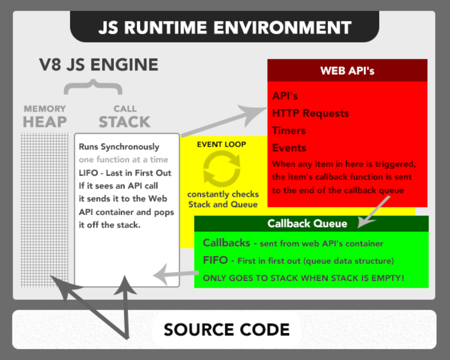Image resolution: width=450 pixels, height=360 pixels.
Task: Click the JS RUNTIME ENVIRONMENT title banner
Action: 225,27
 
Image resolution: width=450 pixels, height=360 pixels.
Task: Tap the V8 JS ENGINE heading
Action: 99,65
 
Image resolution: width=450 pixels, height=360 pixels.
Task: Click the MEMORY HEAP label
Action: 45,117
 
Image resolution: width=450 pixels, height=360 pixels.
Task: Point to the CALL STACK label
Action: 125,117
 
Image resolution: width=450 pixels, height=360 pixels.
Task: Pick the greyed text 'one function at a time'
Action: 123,160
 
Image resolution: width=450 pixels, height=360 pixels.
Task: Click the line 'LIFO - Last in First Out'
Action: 125,173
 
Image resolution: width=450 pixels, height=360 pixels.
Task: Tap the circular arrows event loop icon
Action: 222,169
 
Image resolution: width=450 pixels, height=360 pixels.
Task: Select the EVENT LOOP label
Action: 221,144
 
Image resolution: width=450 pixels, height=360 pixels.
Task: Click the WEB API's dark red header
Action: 347,71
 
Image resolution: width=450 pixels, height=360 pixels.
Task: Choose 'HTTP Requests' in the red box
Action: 310,114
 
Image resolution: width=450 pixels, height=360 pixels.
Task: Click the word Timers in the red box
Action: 289,131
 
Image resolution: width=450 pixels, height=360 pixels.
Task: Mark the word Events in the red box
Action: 289,148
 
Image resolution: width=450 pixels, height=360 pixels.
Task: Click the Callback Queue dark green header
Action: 307,224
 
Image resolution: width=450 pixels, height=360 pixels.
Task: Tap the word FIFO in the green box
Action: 215,261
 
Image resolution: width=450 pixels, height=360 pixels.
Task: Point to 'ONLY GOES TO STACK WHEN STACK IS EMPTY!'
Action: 303,278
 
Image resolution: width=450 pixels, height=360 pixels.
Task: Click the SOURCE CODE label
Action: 227,330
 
